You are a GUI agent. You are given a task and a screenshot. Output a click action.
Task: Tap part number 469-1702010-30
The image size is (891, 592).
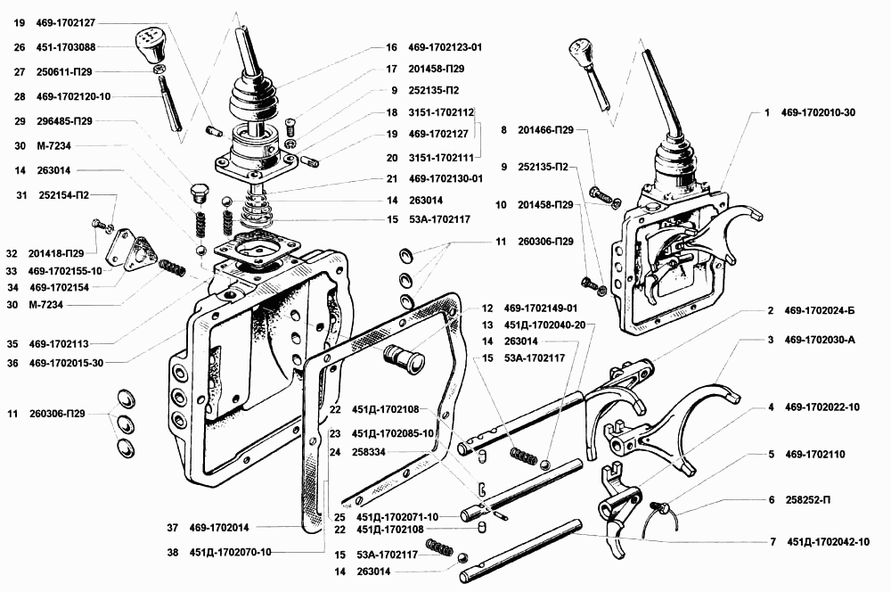818,114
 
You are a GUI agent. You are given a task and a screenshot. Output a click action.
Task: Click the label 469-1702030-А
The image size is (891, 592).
819,340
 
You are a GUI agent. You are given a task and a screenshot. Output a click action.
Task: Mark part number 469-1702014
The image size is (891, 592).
218,527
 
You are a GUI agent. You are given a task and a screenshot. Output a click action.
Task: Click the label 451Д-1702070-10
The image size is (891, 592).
230,552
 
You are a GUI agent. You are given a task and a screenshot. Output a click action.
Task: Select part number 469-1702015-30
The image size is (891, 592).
66,363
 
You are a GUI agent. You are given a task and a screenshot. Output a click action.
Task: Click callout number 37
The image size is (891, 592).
171,527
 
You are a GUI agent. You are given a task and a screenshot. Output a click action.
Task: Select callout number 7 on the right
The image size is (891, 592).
772,541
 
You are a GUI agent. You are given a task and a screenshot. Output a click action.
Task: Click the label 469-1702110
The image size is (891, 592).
814,454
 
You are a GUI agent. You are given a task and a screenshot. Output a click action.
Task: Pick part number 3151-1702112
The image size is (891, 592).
444,113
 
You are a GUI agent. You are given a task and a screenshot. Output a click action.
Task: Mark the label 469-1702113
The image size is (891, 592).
60,343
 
